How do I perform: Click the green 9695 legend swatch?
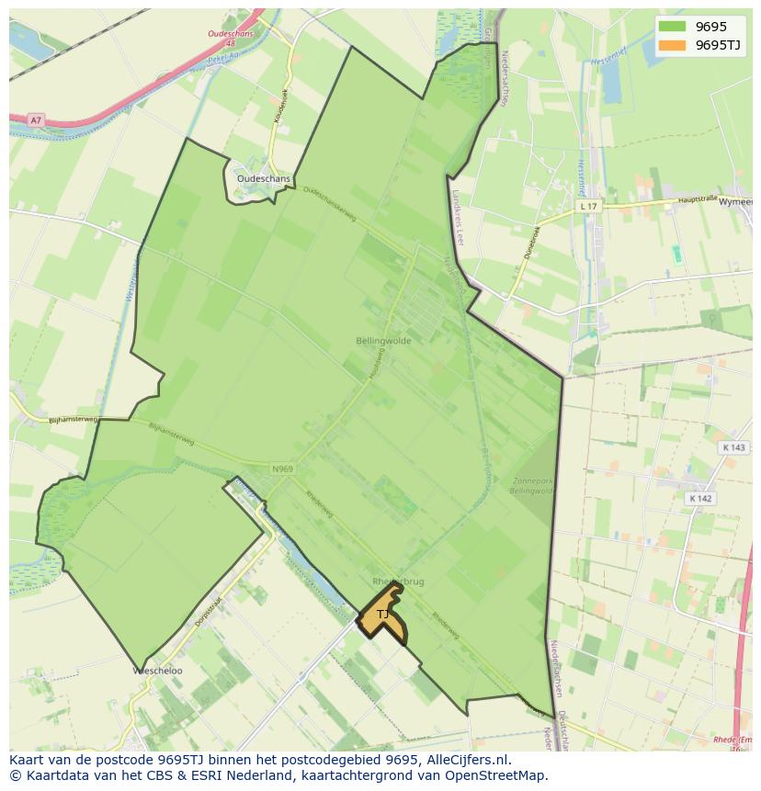673,27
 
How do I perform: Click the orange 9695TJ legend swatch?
673,45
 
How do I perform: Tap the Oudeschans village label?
263,179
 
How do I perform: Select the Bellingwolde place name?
383,341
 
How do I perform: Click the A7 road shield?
35,120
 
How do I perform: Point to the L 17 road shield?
588,207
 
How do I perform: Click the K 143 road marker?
733,447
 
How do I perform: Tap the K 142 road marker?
700,498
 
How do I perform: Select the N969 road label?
282,469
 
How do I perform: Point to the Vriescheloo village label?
156,672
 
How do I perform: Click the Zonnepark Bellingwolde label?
532,485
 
